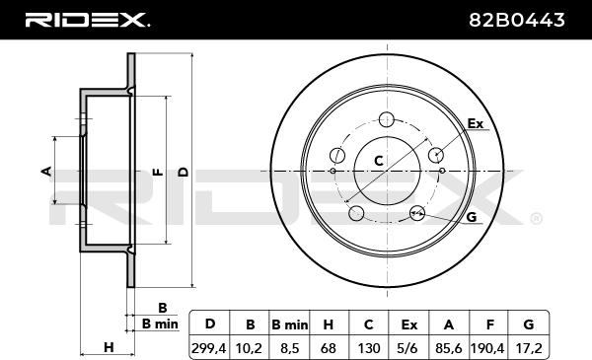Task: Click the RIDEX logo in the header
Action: [87, 20]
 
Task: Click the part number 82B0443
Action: [517, 20]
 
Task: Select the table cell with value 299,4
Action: [209, 347]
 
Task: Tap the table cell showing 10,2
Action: [249, 347]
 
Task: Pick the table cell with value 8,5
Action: [289, 347]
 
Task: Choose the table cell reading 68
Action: [329, 347]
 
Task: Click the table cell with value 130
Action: [368, 347]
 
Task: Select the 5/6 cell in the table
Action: [408, 347]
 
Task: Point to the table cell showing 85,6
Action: [449, 347]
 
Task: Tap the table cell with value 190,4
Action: [488, 347]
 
